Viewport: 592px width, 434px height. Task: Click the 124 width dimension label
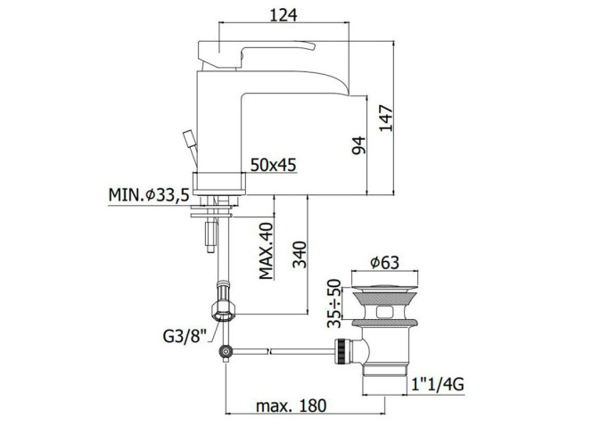click(x=284, y=15)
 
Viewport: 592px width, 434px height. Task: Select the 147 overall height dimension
click(x=386, y=119)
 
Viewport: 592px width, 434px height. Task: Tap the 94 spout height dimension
click(x=358, y=145)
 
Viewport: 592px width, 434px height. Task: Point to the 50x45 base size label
click(x=274, y=165)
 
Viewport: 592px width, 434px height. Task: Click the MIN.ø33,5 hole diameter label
click(x=149, y=195)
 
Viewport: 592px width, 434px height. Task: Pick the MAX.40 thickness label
click(x=266, y=250)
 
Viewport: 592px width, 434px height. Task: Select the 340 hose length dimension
click(x=300, y=254)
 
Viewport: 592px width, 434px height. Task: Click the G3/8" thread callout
click(x=185, y=336)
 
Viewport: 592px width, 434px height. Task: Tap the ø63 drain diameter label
click(x=384, y=262)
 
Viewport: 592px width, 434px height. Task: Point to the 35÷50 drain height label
click(x=334, y=303)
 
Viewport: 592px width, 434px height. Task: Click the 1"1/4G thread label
click(x=438, y=385)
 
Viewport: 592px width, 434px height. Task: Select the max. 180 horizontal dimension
click(x=291, y=405)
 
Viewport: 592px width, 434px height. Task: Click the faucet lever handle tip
click(x=312, y=45)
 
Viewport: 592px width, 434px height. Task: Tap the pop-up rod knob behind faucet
click(x=189, y=138)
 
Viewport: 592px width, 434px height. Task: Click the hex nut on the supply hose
click(x=224, y=311)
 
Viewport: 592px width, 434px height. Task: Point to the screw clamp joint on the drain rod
click(x=226, y=352)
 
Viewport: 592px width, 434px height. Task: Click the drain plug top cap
click(x=384, y=288)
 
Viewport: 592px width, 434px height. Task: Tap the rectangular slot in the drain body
click(x=385, y=312)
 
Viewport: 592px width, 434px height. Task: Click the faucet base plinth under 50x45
click(x=219, y=184)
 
